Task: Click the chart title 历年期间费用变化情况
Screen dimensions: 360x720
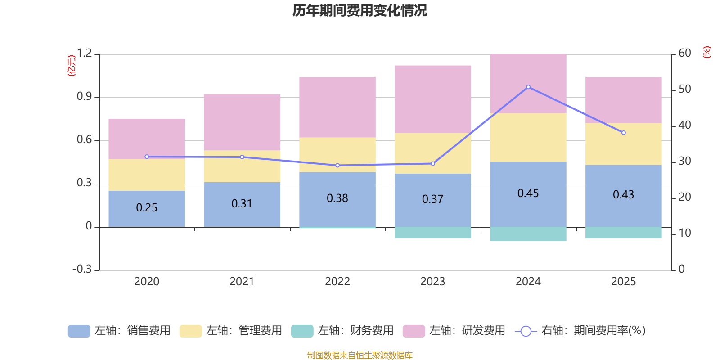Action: pos(360,10)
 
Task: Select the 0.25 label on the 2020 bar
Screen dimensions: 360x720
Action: pos(147,207)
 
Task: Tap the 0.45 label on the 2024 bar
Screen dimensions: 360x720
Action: pos(528,193)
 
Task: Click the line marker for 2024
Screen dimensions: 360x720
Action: pos(528,87)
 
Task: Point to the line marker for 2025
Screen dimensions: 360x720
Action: pos(624,133)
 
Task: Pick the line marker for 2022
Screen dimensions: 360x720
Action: pos(337,165)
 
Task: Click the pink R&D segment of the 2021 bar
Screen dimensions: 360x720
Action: pos(242,122)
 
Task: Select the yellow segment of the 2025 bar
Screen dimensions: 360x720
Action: pos(624,144)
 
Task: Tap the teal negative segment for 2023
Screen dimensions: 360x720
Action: pos(433,233)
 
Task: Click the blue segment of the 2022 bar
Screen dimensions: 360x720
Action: pos(337,211)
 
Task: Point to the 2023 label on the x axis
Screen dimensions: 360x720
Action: pos(433,282)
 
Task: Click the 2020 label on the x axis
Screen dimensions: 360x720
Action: pos(147,282)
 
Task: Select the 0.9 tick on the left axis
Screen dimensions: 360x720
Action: pos(84,97)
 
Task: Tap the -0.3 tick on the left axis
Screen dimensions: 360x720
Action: pos(82,269)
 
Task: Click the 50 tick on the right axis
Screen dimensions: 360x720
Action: pos(684,89)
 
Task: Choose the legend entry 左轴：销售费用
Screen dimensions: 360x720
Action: pos(119,331)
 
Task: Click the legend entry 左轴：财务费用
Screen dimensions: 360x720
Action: pos(342,331)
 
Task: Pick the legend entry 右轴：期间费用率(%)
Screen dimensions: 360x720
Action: pos(580,331)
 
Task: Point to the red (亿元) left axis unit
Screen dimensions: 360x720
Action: pos(71,66)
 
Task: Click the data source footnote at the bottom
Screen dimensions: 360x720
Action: pos(360,355)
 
